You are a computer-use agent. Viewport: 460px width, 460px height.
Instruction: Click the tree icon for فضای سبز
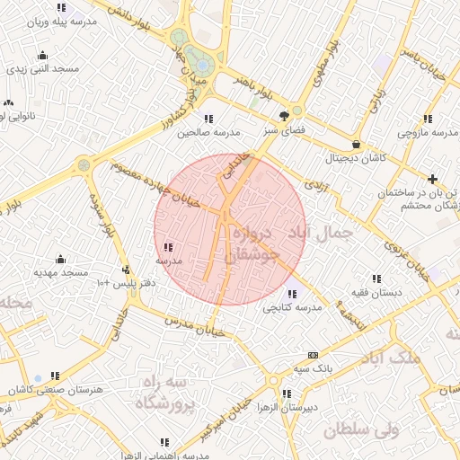coord(285,115)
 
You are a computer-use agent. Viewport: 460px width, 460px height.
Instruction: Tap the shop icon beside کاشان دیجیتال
coord(357,144)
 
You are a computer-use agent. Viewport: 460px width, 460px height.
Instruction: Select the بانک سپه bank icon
coord(312,354)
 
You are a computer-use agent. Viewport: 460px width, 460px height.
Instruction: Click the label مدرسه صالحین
coord(208,132)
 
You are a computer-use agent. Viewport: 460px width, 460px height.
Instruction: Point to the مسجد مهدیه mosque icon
coord(60,259)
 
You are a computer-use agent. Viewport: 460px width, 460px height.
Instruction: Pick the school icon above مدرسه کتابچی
coord(291,293)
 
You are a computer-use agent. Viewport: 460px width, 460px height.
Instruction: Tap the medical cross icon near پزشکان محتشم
coord(433,179)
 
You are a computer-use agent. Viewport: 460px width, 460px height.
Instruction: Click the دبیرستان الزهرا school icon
coord(286,394)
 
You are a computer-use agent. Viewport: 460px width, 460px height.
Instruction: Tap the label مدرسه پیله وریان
coord(60,22)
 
